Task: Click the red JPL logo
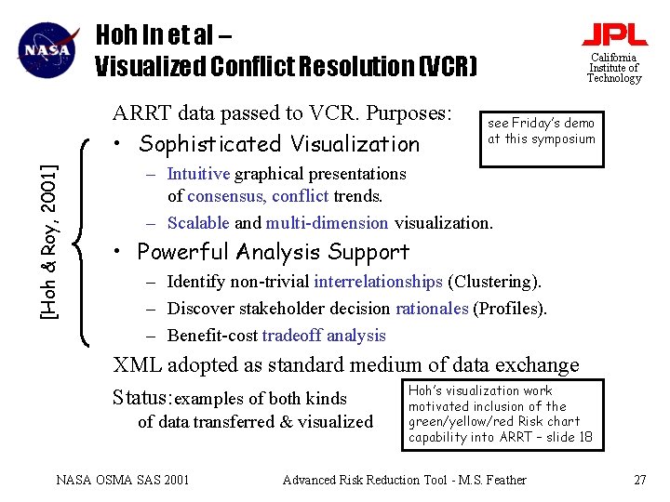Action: click(614, 35)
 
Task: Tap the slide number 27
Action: click(639, 480)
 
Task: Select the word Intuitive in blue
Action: click(199, 174)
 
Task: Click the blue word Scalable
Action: click(199, 223)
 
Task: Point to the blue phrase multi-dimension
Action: click(327, 223)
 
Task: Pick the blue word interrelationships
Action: click(378, 282)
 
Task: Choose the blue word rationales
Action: click(432, 309)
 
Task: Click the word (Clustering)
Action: click(494, 282)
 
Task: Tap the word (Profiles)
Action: click(510, 309)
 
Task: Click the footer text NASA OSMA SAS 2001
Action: click(123, 480)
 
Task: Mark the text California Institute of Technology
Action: click(614, 68)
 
